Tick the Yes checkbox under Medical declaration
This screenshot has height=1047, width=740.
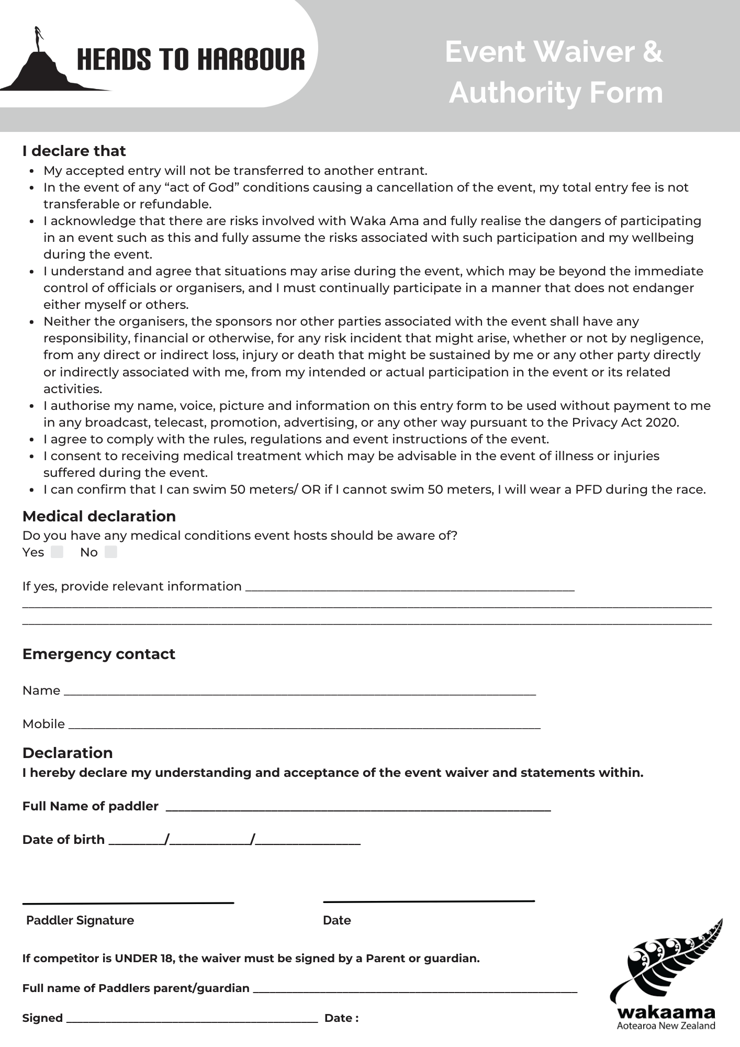(x=57, y=552)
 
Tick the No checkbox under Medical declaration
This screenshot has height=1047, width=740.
(x=111, y=552)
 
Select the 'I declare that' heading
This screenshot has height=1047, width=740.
(x=74, y=151)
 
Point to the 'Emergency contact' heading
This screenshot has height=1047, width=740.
(x=98, y=654)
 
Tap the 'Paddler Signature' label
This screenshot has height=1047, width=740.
(x=80, y=920)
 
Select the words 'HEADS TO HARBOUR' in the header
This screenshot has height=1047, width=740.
(x=190, y=60)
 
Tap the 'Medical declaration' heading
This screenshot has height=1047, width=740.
(x=99, y=516)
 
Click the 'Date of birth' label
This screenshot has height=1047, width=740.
(x=63, y=840)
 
